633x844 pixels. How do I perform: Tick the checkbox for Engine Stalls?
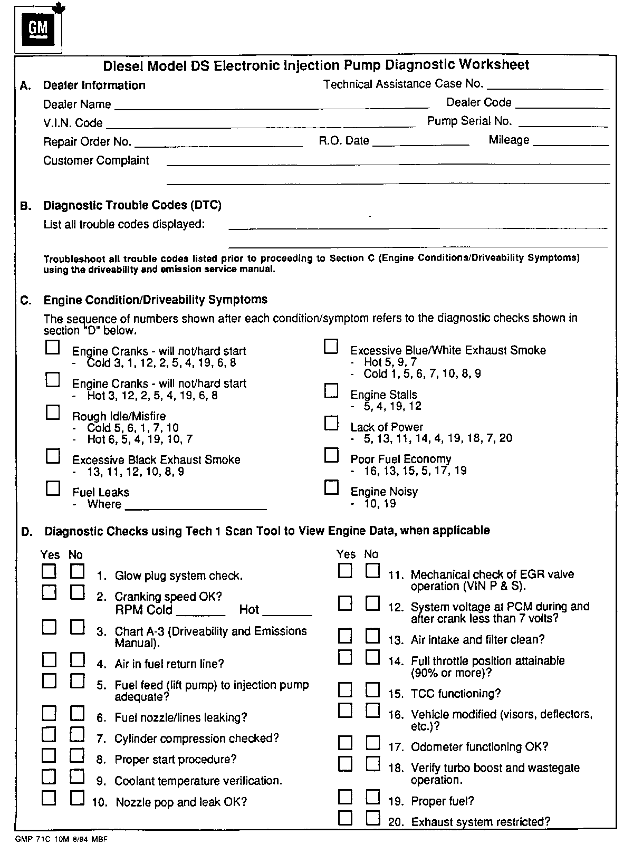(x=331, y=391)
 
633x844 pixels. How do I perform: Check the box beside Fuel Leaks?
(x=53, y=488)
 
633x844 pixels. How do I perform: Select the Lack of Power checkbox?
(x=331, y=423)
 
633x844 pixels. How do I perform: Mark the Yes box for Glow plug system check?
(x=49, y=571)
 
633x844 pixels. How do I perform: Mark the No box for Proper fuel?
(x=373, y=797)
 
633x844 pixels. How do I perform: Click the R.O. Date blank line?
(x=420, y=143)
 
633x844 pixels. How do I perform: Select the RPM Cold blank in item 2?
(x=201, y=614)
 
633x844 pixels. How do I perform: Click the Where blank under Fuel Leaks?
(x=196, y=509)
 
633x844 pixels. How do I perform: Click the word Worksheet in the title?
(x=494, y=65)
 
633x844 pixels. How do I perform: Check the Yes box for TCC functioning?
(x=345, y=690)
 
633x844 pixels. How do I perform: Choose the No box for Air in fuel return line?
(x=78, y=660)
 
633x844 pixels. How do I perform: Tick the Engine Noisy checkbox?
(x=331, y=488)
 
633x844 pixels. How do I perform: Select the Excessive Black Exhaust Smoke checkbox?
(x=53, y=456)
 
